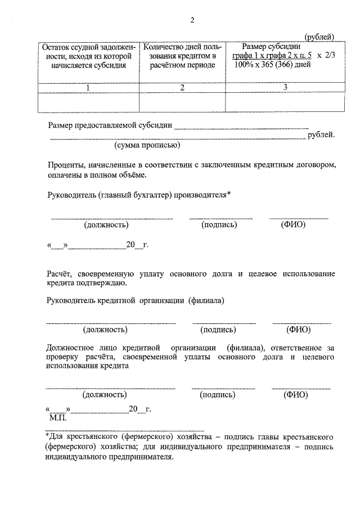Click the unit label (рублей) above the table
point(319,37)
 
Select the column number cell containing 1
point(88,87)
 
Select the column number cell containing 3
point(285,87)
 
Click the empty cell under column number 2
point(182,102)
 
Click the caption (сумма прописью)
point(147,145)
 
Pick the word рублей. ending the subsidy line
point(321,135)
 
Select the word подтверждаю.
point(89,283)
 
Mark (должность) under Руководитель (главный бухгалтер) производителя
point(106,225)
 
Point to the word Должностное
point(71,348)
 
